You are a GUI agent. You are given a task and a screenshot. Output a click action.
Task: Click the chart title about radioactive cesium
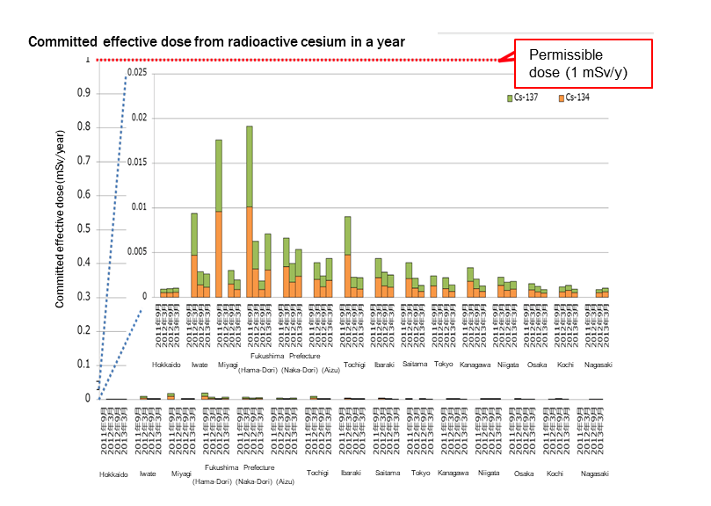tap(217, 41)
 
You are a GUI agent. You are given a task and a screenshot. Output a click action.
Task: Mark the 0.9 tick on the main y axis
tap(85, 93)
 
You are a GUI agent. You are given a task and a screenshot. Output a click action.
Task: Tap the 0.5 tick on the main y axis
tap(85, 229)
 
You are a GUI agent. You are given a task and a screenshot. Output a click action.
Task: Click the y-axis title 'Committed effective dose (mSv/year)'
tap(60, 220)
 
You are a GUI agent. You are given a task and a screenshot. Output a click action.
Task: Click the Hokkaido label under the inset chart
tap(166, 365)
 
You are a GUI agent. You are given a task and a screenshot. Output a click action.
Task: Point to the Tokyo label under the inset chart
tap(443, 365)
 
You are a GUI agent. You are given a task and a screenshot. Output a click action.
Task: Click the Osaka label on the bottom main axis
tap(524, 473)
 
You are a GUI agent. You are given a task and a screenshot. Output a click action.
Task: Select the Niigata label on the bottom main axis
tap(488, 473)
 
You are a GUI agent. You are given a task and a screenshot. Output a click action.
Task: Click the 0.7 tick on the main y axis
tap(85, 162)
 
